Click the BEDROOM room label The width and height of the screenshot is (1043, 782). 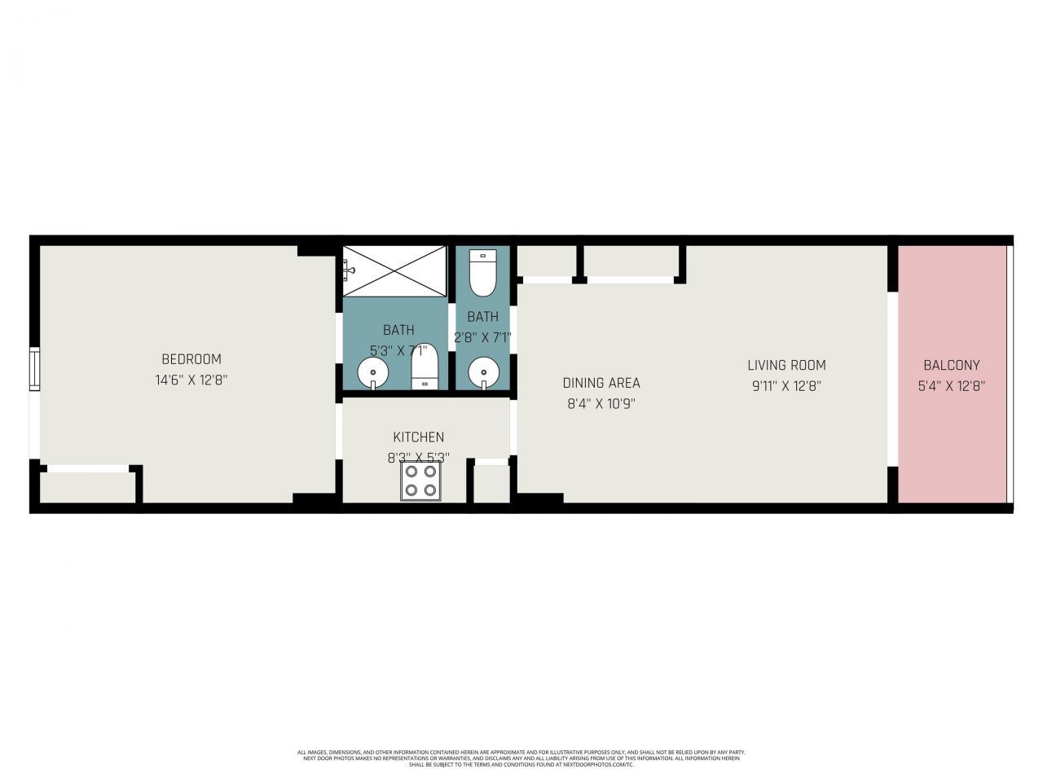[x=191, y=359]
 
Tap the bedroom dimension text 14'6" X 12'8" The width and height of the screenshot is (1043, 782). [x=191, y=380]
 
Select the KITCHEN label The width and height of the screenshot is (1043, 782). [x=418, y=437]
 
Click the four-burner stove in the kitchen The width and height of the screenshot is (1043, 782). [x=421, y=481]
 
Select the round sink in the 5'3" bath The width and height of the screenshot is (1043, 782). [x=373, y=374]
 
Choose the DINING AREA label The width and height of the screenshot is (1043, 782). [x=601, y=383]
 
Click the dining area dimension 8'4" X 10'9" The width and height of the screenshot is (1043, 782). [x=601, y=403]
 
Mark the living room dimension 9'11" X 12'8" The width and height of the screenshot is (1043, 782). [x=786, y=386]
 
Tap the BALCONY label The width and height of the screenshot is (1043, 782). [x=951, y=366]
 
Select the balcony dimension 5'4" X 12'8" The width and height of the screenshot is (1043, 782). [x=951, y=386]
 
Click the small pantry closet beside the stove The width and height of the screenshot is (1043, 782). [x=491, y=484]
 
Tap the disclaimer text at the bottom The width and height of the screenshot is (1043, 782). [x=521, y=758]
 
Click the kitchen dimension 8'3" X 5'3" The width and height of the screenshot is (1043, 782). [x=418, y=458]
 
